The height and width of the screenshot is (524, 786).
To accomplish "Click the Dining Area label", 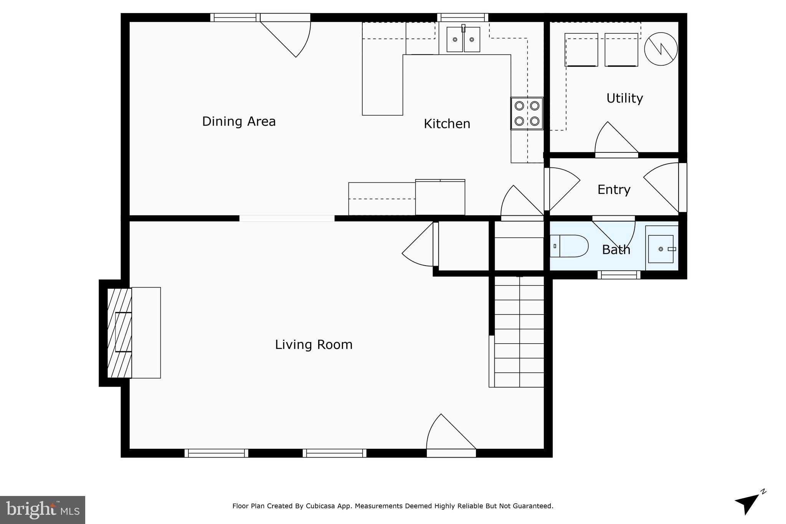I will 239,121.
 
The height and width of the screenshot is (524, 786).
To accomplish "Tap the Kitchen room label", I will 447,124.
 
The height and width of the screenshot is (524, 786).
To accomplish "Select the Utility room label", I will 624,98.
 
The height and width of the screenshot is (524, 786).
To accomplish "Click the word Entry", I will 614,190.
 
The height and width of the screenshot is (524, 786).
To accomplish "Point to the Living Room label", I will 314,345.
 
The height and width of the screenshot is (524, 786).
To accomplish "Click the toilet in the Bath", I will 570,246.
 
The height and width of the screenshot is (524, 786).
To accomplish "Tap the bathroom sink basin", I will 661,249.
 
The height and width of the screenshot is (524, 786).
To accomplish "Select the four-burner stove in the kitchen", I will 527,113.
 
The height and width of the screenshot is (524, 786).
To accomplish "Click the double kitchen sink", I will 463,39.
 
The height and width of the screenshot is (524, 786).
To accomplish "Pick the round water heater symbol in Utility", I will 661,49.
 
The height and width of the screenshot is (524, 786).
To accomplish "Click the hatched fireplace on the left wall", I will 119,332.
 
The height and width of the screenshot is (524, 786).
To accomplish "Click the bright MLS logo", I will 43,510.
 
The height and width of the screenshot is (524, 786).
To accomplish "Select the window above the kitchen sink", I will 462,17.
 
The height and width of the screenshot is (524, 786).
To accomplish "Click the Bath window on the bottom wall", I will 619,274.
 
